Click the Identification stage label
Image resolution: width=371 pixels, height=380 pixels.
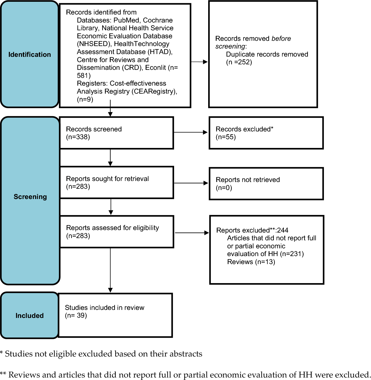click(30, 55)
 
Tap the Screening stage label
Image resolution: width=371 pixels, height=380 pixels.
click(30, 197)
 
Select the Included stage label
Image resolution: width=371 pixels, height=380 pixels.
click(30, 316)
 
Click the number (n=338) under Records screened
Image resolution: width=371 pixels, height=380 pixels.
click(78, 137)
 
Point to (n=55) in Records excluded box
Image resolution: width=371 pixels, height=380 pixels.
click(226, 137)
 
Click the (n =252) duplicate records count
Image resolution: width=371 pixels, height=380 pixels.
click(239, 62)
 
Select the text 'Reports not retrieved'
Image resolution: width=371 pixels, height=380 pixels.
click(248, 180)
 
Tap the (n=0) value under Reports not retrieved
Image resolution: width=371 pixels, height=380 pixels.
click(224, 188)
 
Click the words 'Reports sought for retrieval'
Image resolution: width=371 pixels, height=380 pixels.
click(107, 179)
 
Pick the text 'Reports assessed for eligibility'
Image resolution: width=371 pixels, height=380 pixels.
click(112, 228)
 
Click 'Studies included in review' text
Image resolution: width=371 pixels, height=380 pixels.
click(104, 308)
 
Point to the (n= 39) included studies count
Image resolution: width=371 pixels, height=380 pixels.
click(76, 315)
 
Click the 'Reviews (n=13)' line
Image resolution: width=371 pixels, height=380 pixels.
click(251, 262)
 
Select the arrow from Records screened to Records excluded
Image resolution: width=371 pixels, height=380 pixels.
click(191, 132)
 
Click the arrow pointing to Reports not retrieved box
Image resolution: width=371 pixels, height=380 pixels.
click(191, 183)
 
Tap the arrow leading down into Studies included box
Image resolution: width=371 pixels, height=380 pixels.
click(110, 270)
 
